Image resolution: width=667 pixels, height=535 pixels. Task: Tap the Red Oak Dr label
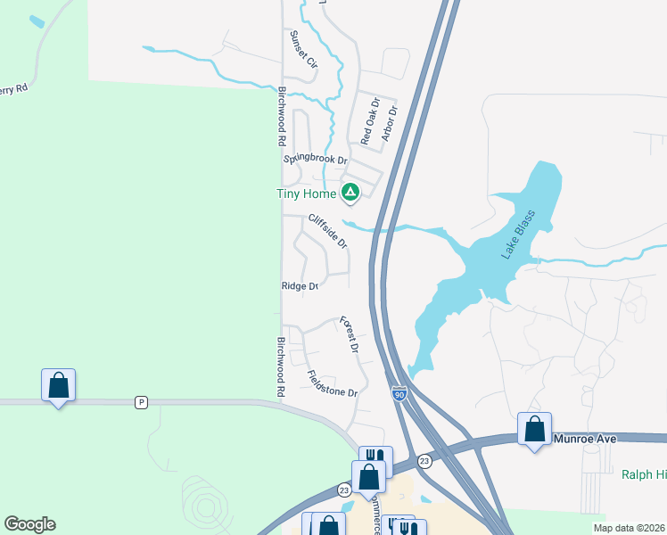(370, 122)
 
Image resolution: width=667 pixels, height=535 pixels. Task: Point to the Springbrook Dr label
(315, 160)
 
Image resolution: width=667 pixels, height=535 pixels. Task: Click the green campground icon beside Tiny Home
(351, 192)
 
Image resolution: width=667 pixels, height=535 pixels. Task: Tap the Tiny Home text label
(305, 193)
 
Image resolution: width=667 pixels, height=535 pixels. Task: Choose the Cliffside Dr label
(327, 230)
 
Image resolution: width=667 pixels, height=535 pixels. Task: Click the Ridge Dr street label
(300, 286)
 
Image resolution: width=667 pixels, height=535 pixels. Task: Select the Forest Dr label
(349, 335)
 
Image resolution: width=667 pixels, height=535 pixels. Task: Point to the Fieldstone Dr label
(332, 384)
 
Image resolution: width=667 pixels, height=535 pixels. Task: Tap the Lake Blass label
(518, 234)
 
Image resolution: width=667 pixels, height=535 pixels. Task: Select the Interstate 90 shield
(399, 393)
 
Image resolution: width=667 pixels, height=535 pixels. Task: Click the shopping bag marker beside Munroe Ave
(534, 429)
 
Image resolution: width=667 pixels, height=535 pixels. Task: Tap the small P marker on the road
(140, 402)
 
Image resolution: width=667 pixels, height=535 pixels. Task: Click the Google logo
(29, 524)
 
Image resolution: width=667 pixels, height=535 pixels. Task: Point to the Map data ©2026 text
(629, 528)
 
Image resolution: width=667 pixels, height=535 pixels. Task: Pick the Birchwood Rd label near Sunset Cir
(281, 117)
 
